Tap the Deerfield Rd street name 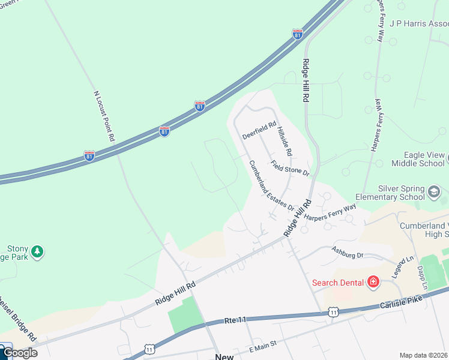pyautogui.click(x=259, y=131)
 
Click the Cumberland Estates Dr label pyautogui.click(x=272, y=186)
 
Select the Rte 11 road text pyautogui.click(x=237, y=321)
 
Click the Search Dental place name pyautogui.click(x=339, y=282)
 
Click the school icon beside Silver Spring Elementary pyautogui.click(x=433, y=192)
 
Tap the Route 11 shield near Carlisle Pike pyautogui.click(x=333, y=312)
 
